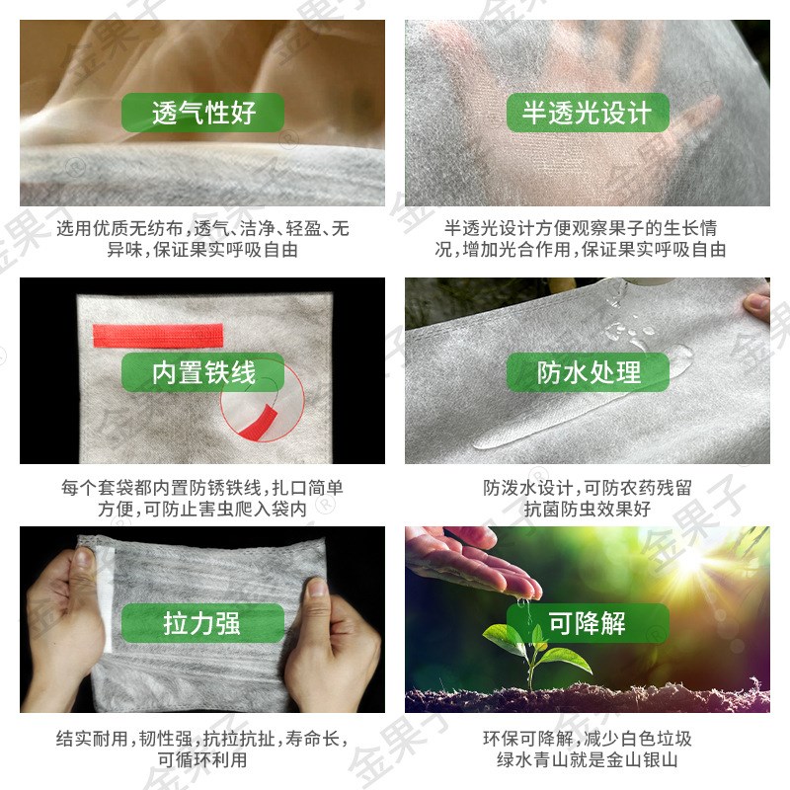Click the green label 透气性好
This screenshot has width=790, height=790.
pos(202,114)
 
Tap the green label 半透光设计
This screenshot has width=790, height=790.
pos(587,114)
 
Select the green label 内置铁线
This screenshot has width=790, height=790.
pos(202,372)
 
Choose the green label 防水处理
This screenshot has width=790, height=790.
pos(589,372)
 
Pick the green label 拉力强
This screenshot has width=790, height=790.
pos(202,624)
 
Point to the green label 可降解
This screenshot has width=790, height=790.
pos(588,624)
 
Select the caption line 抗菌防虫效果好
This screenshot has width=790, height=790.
pos(587,510)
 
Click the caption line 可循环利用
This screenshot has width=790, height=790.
pos(202,760)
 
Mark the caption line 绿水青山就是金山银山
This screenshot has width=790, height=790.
pos(587,760)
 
